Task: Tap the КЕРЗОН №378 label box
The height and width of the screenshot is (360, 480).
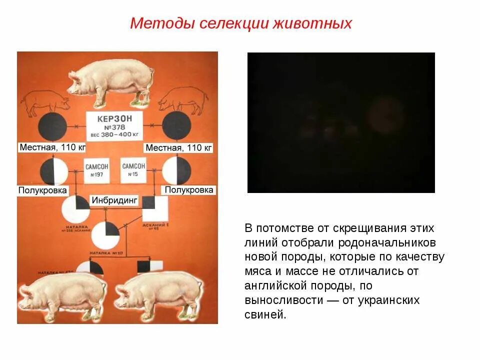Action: (x=114, y=125)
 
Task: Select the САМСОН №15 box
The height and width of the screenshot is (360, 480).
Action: (x=133, y=170)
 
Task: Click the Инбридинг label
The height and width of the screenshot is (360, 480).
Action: (x=114, y=200)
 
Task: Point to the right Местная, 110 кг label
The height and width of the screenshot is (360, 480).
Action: (x=178, y=147)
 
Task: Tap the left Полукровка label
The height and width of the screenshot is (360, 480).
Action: (x=42, y=190)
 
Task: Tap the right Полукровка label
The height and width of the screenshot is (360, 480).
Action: (x=189, y=190)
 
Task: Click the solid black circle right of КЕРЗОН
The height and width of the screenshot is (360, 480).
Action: (x=176, y=126)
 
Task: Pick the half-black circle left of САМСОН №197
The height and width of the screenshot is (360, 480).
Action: (x=54, y=171)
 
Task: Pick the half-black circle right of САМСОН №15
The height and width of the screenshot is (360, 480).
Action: (x=177, y=170)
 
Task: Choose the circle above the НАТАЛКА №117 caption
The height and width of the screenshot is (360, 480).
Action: (x=105, y=235)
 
